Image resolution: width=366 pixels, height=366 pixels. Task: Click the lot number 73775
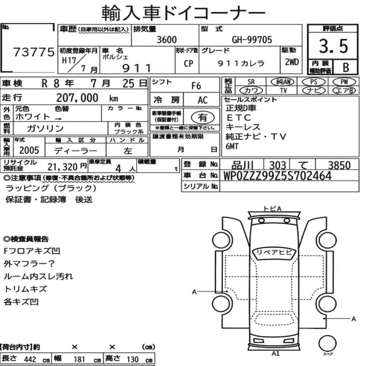34,52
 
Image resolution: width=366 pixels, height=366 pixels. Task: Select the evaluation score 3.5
333,46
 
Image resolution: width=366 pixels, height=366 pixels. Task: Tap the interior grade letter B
346,67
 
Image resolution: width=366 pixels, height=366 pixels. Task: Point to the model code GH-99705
252,40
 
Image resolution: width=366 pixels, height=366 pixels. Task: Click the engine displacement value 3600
167,40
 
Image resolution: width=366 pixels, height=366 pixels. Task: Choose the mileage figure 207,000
77,98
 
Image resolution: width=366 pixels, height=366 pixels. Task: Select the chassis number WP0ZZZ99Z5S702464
277,176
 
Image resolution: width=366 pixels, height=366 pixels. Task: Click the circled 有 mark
203,117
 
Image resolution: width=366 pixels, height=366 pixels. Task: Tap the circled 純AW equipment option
283,82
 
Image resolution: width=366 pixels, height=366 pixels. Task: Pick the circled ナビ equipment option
314,90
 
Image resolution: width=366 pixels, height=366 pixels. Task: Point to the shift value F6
196,86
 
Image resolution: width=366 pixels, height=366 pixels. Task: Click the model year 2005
29,150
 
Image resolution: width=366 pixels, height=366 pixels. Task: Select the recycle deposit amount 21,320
63,167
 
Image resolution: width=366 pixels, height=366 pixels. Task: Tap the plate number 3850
339,165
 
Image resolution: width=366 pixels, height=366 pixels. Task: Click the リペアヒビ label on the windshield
274,253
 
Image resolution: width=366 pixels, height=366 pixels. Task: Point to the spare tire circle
327,344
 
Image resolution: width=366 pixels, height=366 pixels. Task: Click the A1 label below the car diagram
276,354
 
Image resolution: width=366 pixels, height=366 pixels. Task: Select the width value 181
79,359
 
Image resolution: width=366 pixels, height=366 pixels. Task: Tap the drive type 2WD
292,62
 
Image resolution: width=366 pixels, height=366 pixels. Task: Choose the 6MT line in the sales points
232,146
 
